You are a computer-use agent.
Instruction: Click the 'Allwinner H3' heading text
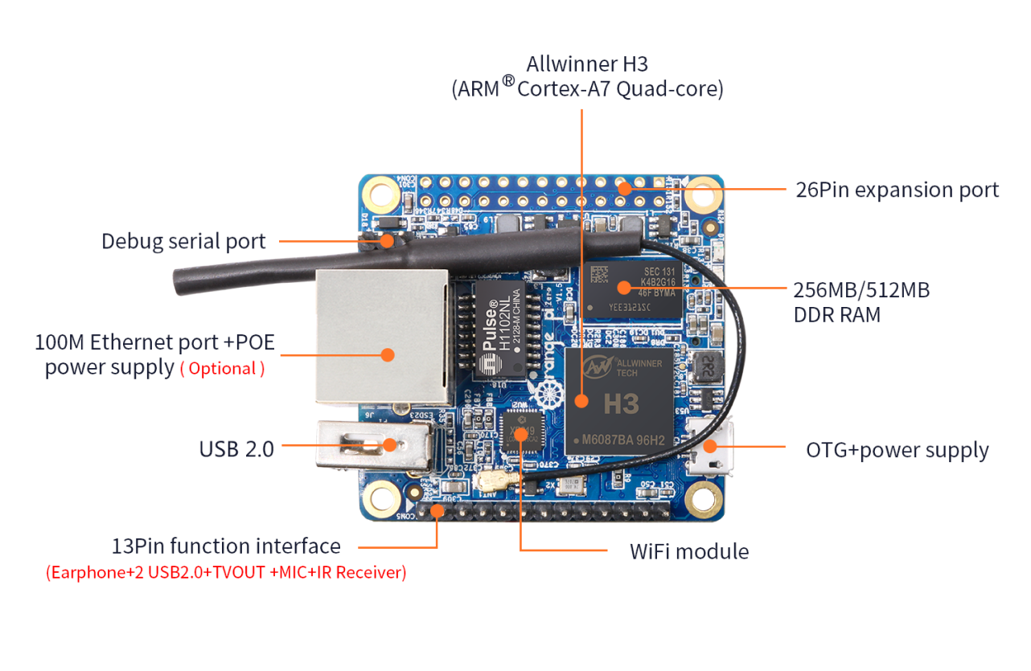(x=586, y=64)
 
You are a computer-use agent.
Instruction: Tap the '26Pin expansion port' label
(x=897, y=190)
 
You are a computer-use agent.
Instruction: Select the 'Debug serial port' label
(x=183, y=241)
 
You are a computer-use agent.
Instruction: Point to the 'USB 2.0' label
(x=236, y=449)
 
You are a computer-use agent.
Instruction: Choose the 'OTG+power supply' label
(x=897, y=450)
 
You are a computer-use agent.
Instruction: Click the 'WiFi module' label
(x=688, y=551)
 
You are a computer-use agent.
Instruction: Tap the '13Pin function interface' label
(x=226, y=546)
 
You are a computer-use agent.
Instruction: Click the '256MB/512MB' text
(x=861, y=289)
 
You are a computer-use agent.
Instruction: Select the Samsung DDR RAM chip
(x=634, y=288)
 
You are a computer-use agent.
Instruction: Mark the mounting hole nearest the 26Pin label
(x=704, y=193)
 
